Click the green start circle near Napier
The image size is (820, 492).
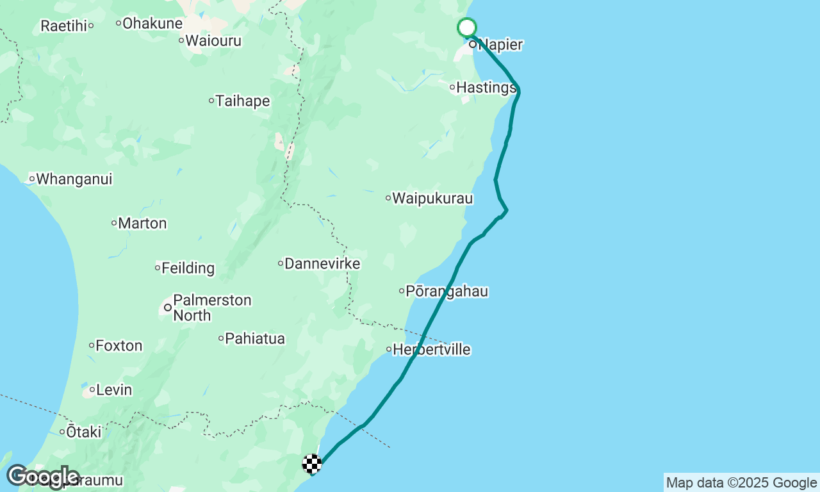(467, 28)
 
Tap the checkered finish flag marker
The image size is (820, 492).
(312, 463)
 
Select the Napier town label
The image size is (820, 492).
(500, 45)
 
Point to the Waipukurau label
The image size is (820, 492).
(432, 198)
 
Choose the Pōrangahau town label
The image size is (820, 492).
(447, 291)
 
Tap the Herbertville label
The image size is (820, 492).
(431, 350)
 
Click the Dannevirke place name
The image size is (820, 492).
(322, 263)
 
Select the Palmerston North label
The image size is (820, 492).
(211, 307)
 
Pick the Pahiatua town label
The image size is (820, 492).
(254, 338)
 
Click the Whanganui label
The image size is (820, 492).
(74, 179)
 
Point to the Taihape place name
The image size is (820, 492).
(242, 101)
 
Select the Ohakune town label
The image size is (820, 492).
(152, 23)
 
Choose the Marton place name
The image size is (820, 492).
(142, 224)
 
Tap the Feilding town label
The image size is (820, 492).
(188, 268)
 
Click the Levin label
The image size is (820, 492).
(113, 389)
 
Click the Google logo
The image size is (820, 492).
(43, 477)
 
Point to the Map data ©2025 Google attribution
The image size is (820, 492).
(741, 482)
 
